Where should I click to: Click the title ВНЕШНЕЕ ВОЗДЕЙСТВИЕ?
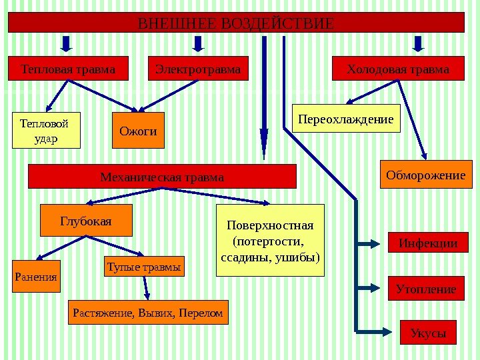tap(235, 23)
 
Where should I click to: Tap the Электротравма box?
tap(197, 69)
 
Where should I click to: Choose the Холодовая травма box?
tap(398, 69)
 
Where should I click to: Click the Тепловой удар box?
tap(46, 130)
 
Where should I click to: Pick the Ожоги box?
tap(138, 131)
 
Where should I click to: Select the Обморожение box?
tap(425, 175)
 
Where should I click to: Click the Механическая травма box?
tap(162, 177)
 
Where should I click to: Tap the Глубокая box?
tap(86, 221)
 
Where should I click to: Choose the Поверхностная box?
tap(270, 240)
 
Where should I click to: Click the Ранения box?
tap(36, 276)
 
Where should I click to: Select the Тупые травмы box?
tap(143, 267)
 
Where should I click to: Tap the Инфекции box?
tap(428, 243)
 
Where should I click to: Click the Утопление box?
tap(426, 289)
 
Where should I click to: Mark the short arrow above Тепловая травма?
tap(67, 43)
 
